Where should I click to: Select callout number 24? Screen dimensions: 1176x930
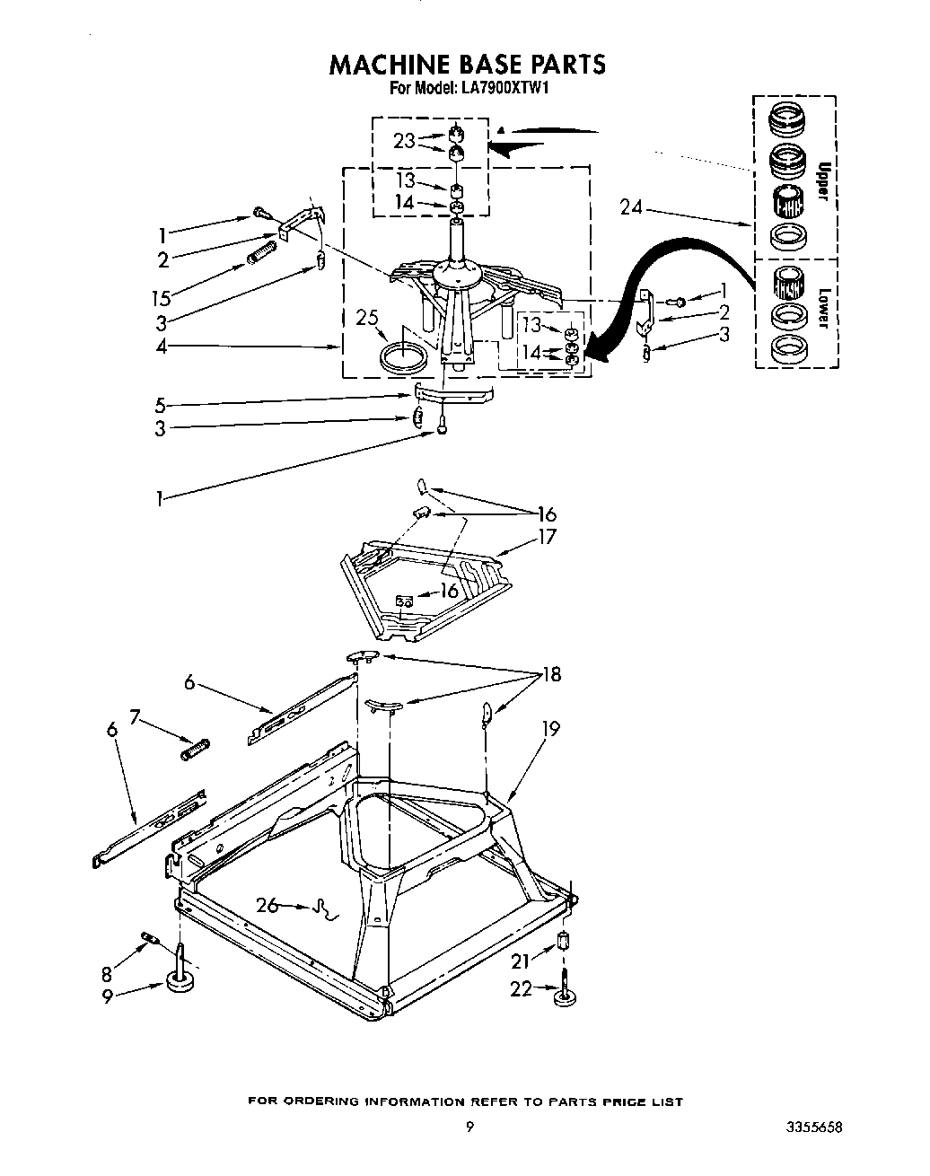point(630,207)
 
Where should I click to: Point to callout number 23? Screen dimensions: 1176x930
point(403,140)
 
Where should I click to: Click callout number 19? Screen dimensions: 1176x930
point(549,729)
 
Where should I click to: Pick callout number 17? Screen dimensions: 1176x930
point(547,537)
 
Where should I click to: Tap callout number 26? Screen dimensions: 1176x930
point(267,905)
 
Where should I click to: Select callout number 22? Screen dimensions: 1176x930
point(522,988)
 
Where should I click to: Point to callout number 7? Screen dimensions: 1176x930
point(135,716)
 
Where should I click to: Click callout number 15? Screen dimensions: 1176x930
point(163,298)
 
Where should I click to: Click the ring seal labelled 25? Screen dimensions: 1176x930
point(402,356)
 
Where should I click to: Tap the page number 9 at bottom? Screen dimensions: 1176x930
point(469,1128)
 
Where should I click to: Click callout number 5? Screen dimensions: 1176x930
point(160,404)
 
